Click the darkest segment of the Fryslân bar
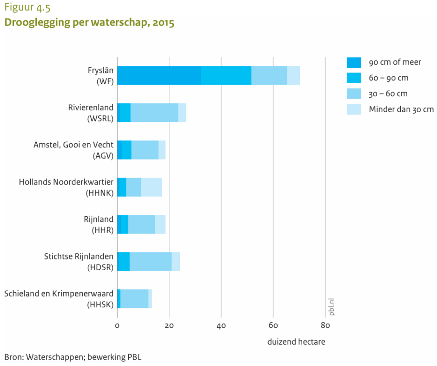tap(159, 75)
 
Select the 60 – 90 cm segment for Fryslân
tap(226, 75)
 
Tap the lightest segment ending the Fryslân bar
tap(293, 75)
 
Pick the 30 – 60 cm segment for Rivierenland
tap(154, 113)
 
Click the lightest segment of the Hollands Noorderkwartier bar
tap(152, 187)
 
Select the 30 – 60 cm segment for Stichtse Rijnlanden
tap(151, 261)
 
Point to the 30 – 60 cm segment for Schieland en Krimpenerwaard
tap(134, 299)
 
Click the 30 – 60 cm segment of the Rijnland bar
tap(141, 224)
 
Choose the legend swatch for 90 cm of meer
tap(354, 62)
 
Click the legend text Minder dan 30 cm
tap(401, 109)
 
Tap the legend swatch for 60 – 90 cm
tap(354, 78)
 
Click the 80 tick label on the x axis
tap(325, 326)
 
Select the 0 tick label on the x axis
tap(117, 326)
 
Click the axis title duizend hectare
tap(296, 342)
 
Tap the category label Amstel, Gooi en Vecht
tap(73, 145)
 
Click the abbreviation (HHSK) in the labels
tap(100, 305)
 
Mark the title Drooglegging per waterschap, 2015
tap(89, 23)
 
